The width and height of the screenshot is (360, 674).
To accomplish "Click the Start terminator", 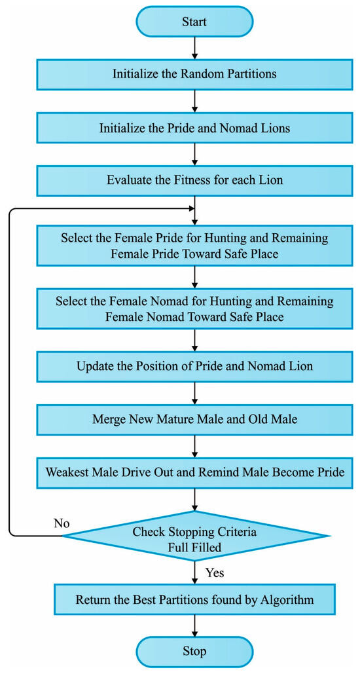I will click(194, 22).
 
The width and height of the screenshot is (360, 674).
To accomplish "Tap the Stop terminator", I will click(194, 650).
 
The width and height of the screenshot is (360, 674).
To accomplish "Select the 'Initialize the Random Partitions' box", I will click(194, 73).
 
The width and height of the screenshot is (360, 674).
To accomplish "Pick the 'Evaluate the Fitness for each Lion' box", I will click(194, 179).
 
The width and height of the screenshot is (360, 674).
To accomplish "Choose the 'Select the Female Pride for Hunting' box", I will click(194, 244).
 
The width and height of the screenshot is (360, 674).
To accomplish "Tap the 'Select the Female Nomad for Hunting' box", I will click(194, 309).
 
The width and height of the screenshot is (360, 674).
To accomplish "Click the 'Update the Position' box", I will click(194, 365).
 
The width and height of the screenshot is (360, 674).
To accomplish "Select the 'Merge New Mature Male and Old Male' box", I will click(194, 419).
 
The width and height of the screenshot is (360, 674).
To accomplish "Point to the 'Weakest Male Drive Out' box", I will click(194, 471).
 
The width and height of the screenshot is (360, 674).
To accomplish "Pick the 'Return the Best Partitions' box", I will click(194, 599).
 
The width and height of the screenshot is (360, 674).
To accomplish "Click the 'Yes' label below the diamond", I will click(215, 572).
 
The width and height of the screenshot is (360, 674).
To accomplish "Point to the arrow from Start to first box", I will click(194, 47).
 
